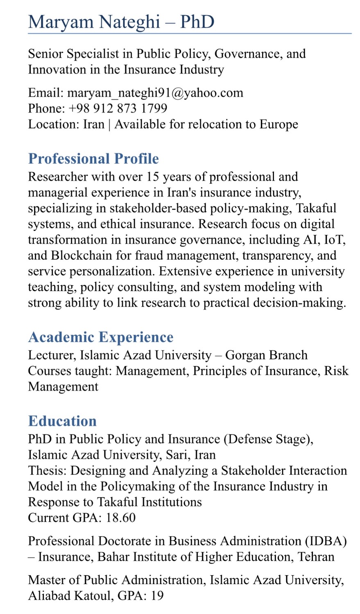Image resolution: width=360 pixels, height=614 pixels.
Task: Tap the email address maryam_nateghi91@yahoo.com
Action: point(155,93)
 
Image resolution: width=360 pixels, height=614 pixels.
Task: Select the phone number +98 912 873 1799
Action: point(118,108)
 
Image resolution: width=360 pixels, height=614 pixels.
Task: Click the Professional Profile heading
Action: point(93,159)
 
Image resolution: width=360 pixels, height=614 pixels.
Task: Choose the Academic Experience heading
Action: point(101,337)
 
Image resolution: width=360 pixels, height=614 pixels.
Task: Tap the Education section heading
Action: point(62,421)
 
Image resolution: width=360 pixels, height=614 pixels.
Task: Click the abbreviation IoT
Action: point(335,240)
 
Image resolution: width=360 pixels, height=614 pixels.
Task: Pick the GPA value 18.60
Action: point(121,518)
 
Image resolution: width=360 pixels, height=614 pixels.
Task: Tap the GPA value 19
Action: point(157,596)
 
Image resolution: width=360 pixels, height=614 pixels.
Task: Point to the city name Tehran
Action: point(316,557)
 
